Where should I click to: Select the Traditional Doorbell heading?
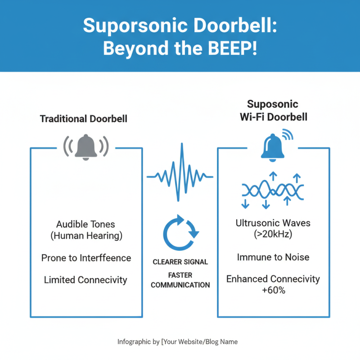click(84, 119)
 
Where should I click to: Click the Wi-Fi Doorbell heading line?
click(273, 117)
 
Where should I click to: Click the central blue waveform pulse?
click(180, 172)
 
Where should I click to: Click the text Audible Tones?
click(85, 224)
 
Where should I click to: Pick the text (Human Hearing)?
click(86, 235)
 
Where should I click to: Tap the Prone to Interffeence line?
click(86, 258)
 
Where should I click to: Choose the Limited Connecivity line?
click(85, 280)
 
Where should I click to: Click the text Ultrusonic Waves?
click(273, 223)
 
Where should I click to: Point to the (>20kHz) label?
click(273, 234)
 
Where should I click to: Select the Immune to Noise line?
click(273, 257)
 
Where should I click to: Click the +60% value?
click(273, 290)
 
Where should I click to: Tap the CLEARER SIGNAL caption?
click(180, 261)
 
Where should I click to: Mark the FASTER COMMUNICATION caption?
click(180, 280)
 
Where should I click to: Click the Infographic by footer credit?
click(177, 342)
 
